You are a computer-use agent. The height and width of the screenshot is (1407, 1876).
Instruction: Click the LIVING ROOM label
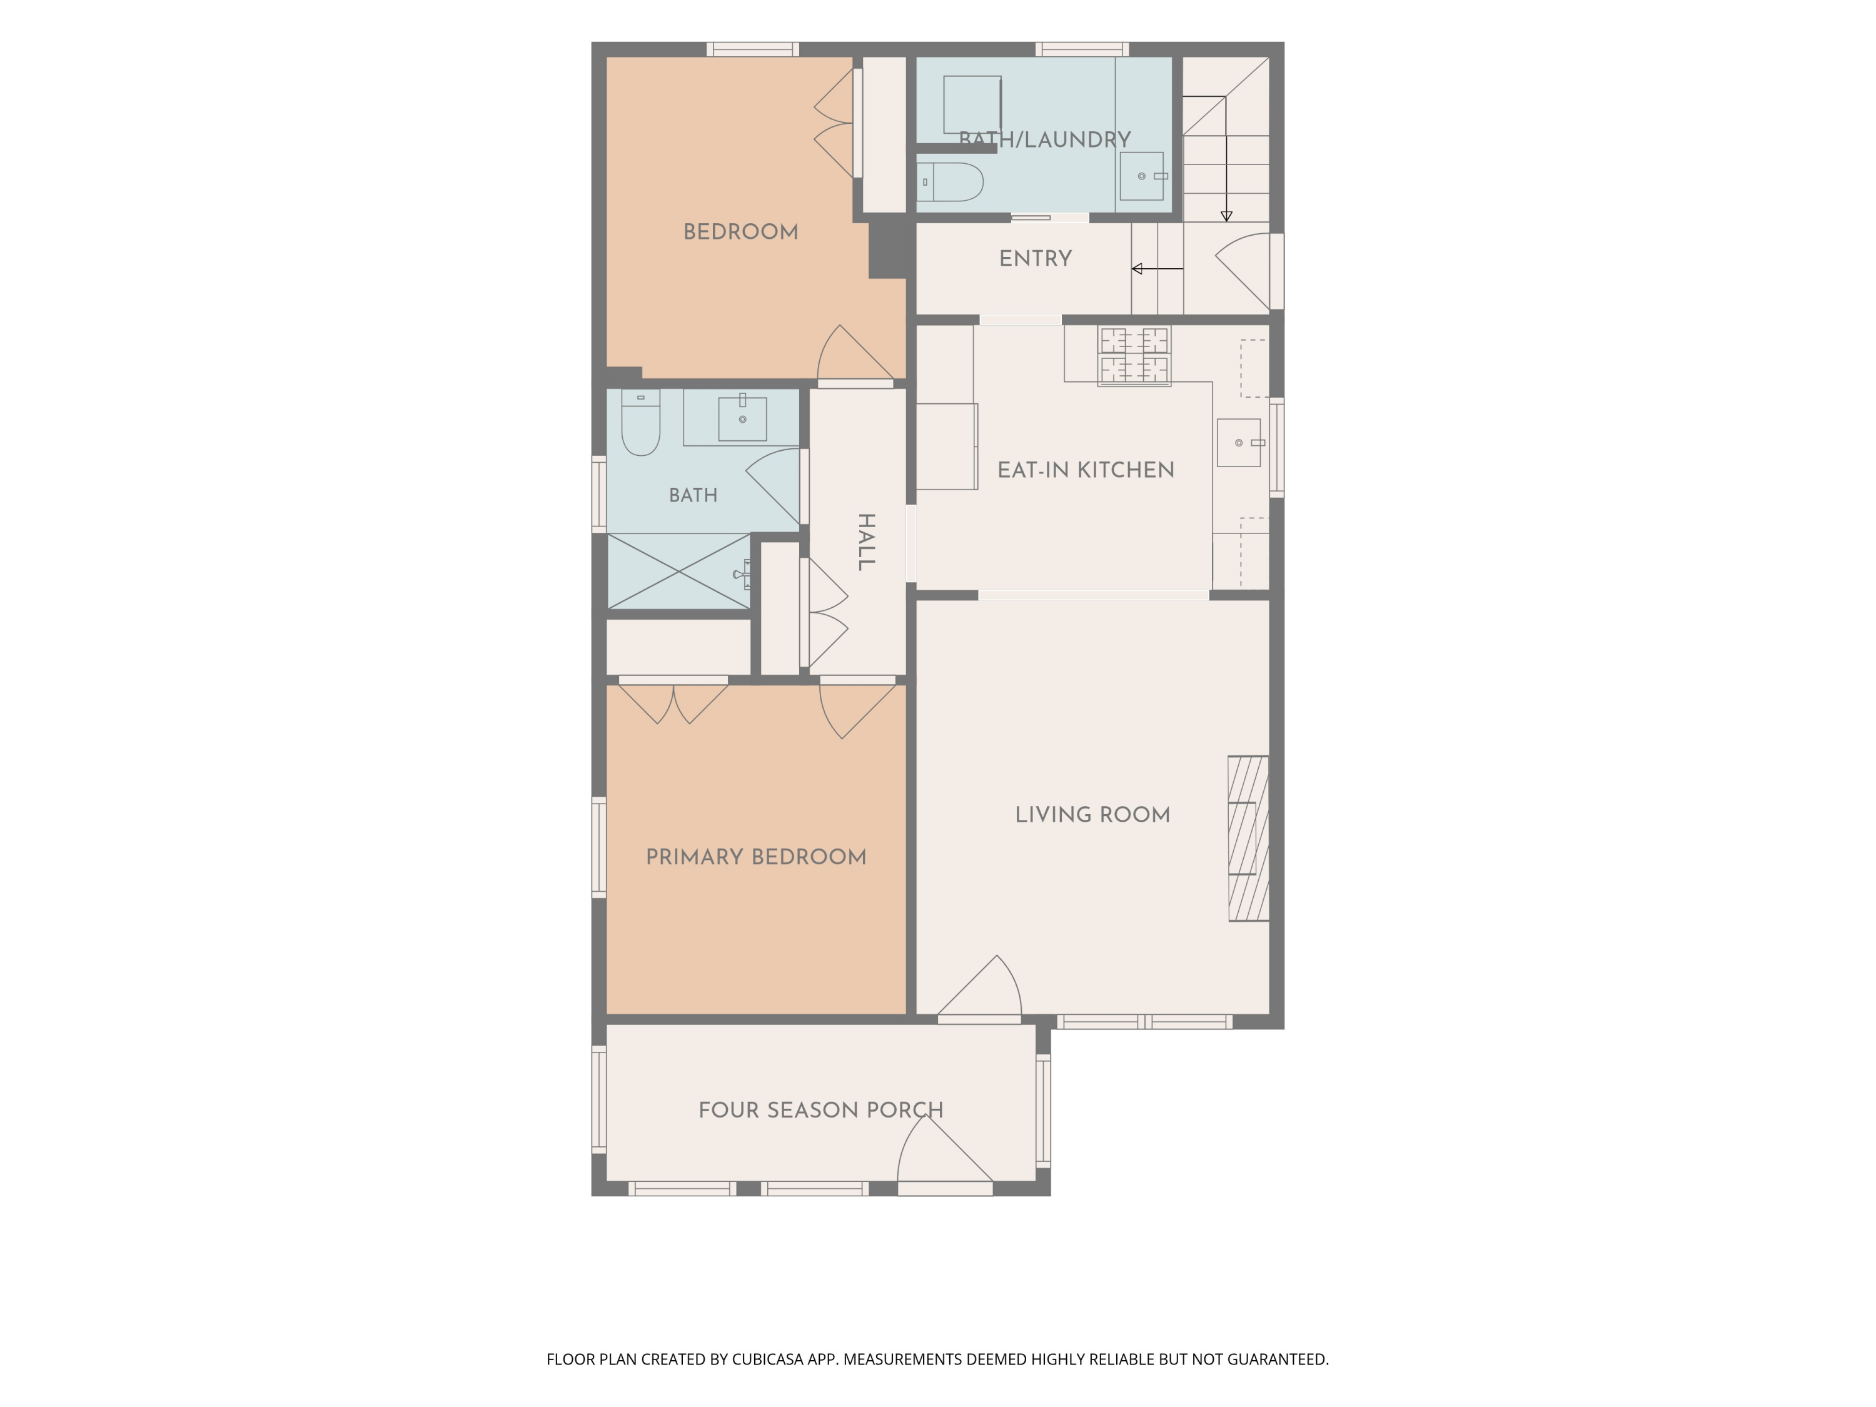pos(1092,815)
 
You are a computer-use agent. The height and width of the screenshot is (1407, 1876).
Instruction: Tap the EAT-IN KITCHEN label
pos(1086,470)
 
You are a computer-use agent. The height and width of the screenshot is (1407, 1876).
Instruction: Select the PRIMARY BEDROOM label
pos(755,857)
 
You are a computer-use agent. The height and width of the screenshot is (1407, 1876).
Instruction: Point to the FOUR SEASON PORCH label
pos(820,1110)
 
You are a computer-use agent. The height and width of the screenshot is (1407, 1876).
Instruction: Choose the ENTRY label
pos(1035,259)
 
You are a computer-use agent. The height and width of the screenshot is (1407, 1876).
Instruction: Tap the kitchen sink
pos(1239,443)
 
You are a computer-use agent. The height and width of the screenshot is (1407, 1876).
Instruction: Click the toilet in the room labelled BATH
pos(640,422)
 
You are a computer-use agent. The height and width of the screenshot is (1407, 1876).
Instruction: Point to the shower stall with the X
pos(679,571)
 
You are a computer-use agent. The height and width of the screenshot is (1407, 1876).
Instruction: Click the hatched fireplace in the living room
pos(1248,838)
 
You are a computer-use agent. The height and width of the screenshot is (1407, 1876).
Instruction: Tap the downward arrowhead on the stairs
pos(1226,217)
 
